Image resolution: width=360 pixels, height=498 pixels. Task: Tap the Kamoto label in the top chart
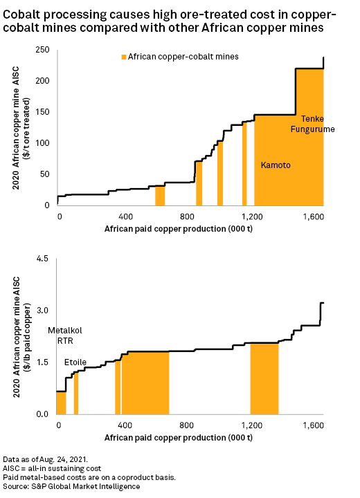pyautogui.click(x=276, y=165)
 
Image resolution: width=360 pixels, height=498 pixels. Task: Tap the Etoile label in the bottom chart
pyautogui.click(x=75, y=362)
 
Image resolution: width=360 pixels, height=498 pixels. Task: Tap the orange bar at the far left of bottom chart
pyautogui.click(x=61, y=403)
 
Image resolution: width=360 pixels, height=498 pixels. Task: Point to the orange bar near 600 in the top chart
pyautogui.click(x=159, y=196)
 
